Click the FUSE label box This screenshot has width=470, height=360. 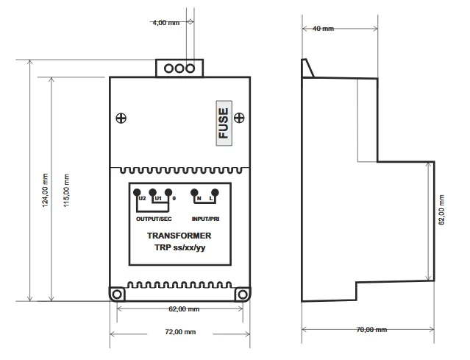point(224,123)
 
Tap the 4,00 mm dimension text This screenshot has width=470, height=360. point(166,23)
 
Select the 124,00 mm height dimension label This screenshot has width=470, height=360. point(45,190)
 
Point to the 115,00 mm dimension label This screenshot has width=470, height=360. point(66,190)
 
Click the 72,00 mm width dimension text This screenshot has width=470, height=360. point(180,332)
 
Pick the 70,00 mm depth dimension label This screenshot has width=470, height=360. point(371,330)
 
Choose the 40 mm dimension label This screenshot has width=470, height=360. point(323,29)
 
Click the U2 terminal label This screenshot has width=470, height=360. point(143,198)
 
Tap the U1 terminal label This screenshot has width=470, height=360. point(158,198)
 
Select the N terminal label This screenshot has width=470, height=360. point(199,198)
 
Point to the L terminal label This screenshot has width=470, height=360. point(211,198)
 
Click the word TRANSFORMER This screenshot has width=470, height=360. point(179,236)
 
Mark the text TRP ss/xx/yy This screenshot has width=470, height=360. point(180,247)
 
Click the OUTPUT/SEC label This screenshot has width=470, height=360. point(154,219)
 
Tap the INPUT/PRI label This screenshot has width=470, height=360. point(206,219)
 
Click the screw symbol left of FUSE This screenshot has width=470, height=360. point(121,118)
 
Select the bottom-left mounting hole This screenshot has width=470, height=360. point(117,294)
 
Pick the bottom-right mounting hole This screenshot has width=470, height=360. point(243,294)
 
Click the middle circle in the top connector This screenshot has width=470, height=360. point(179,68)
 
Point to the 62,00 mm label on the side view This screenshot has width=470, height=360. point(441,210)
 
